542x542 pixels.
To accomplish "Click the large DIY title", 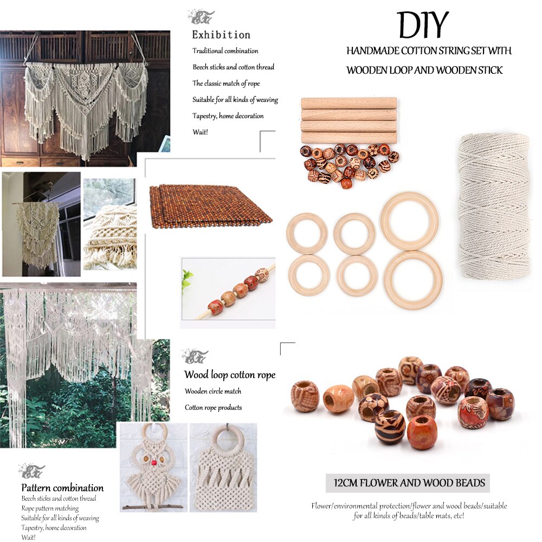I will (x=423, y=25).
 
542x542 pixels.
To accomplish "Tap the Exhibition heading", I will (x=221, y=35).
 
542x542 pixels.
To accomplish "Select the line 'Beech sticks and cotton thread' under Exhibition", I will (x=233, y=67).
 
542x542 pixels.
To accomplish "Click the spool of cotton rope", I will (x=493, y=206).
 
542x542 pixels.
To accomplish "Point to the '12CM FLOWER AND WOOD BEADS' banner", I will (x=408, y=482).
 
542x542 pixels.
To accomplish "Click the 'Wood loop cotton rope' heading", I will (x=229, y=375).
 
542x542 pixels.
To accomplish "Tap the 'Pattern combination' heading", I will (x=62, y=487).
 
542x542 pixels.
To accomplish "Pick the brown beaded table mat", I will (x=210, y=206).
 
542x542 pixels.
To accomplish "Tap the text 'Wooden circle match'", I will (x=213, y=391).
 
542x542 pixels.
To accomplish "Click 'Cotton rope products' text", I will (x=213, y=408).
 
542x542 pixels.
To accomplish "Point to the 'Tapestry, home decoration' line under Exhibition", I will (x=228, y=116).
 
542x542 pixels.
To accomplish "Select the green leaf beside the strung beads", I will (x=188, y=280).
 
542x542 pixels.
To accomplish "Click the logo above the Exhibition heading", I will (x=201, y=17).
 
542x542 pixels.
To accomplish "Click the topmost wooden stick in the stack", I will (x=349, y=103).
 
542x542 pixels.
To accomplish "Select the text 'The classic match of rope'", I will (x=226, y=83).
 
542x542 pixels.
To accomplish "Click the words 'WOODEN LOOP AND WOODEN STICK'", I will (x=424, y=70).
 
